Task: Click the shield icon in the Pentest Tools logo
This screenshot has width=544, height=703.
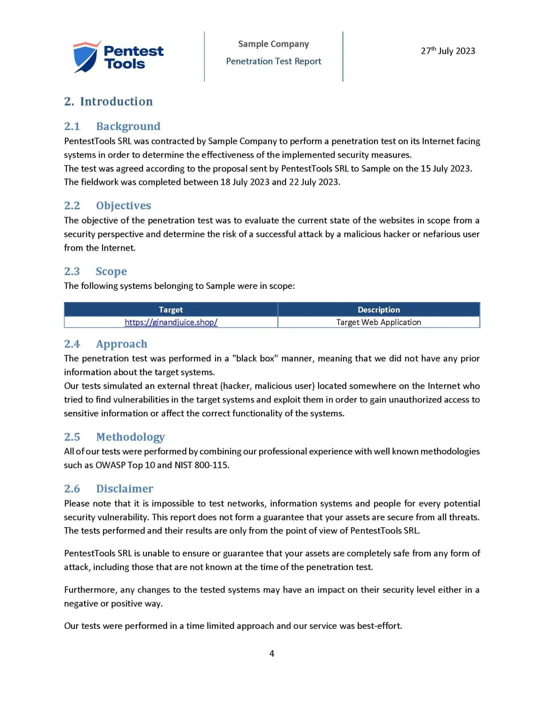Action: [x=85, y=57]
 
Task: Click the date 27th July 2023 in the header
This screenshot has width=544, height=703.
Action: [x=448, y=51]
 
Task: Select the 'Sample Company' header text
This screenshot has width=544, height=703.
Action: [x=273, y=44]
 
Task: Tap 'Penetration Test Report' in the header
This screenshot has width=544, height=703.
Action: [x=273, y=61]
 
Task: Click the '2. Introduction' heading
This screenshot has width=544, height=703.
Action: [x=108, y=101]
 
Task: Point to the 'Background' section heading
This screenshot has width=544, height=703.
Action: [x=128, y=126]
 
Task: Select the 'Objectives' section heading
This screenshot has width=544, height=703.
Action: [x=123, y=205]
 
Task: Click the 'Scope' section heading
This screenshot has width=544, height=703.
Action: [x=111, y=271]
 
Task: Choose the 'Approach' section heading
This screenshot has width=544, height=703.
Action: [x=121, y=344]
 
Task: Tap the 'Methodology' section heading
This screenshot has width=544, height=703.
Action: [x=130, y=437]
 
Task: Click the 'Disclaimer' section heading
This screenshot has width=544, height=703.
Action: [x=125, y=488]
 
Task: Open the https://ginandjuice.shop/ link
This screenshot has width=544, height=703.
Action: [x=171, y=322]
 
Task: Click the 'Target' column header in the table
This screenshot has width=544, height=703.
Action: [x=171, y=310]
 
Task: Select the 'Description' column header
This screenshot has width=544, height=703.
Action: [x=379, y=310]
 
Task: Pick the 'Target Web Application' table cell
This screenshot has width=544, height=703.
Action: [x=379, y=322]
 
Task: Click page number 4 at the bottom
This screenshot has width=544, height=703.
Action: [x=272, y=653]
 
